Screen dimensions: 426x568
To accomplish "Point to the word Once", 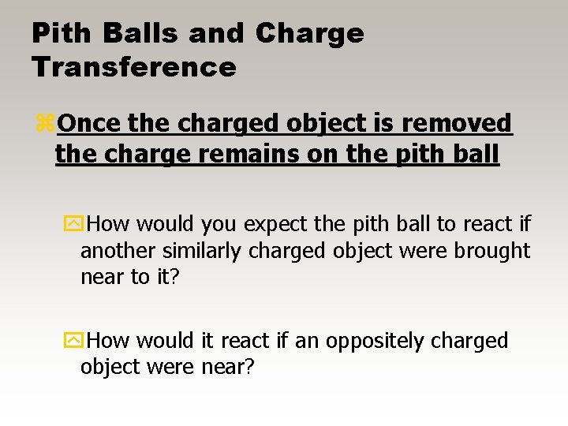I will click(x=88, y=124).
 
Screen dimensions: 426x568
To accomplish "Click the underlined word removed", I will click(x=470, y=124).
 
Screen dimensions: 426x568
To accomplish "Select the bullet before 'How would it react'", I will click(x=73, y=341).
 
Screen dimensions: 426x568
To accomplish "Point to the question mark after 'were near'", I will click(x=249, y=367).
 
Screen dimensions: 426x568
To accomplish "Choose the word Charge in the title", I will click(x=311, y=33).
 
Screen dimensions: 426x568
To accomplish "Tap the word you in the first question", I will click(x=219, y=225).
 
